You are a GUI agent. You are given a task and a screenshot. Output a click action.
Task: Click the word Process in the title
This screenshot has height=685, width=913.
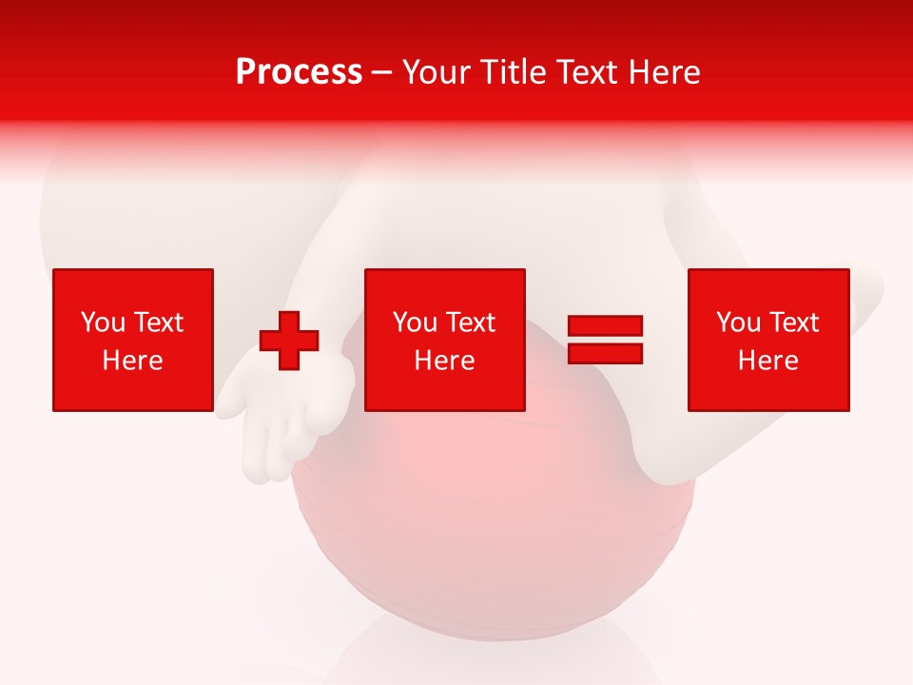299,72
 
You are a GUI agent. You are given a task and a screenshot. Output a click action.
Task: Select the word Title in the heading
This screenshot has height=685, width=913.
519,72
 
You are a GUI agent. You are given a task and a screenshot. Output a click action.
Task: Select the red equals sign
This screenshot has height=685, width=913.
606,340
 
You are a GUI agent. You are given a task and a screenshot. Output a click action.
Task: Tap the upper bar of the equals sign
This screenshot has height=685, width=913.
606,326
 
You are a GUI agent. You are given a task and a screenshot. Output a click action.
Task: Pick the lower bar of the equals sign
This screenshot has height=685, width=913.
606,353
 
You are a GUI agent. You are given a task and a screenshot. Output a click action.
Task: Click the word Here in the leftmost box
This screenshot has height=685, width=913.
133,361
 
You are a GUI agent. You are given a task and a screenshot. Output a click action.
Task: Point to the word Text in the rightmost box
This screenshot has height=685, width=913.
793,323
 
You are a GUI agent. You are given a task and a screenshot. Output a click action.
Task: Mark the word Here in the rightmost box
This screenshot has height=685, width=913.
768,361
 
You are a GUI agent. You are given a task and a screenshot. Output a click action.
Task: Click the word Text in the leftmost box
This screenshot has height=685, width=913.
158,323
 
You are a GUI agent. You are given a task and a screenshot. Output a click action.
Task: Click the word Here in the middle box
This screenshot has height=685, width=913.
445,361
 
